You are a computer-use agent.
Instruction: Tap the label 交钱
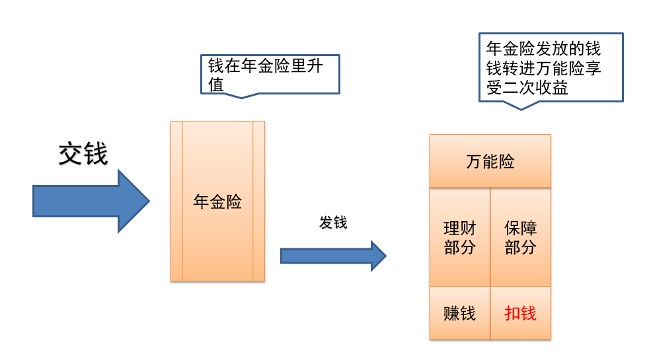point(83,155)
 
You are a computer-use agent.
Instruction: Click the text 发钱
point(333,223)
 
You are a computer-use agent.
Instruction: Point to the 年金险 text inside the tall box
point(217,201)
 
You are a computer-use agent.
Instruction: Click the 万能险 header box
point(490,161)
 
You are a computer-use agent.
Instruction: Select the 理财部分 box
point(459,238)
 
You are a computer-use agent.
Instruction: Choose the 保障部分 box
point(520,238)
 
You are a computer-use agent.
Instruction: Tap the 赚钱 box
point(459,313)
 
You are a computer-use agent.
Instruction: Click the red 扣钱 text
point(520,313)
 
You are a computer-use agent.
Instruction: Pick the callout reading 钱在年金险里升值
point(270,74)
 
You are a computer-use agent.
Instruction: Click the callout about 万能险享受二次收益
point(550,67)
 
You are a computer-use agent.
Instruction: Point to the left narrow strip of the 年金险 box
point(176,201)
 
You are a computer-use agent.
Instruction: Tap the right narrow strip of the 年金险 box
point(258,201)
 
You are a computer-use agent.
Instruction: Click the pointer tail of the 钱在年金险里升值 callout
point(241,95)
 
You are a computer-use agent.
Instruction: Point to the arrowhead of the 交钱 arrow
point(135,201)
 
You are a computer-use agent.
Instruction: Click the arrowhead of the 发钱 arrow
point(378,256)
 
